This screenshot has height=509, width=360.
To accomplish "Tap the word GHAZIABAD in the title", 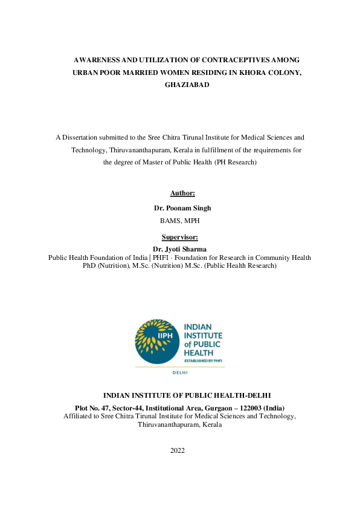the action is tap(187, 85).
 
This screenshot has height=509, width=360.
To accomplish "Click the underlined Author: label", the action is tap(182, 193).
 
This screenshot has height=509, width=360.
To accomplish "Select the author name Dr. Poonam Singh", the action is tap(182, 208).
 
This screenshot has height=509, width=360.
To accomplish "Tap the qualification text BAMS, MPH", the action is tap(182, 221).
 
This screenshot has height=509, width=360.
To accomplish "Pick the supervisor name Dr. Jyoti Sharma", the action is tap(179, 249).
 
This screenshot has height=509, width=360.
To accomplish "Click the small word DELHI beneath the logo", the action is tap(180, 373).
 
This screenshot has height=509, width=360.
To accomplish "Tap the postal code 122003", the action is tap(248, 408).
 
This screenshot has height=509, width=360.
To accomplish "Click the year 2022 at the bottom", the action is tap(178, 450).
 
